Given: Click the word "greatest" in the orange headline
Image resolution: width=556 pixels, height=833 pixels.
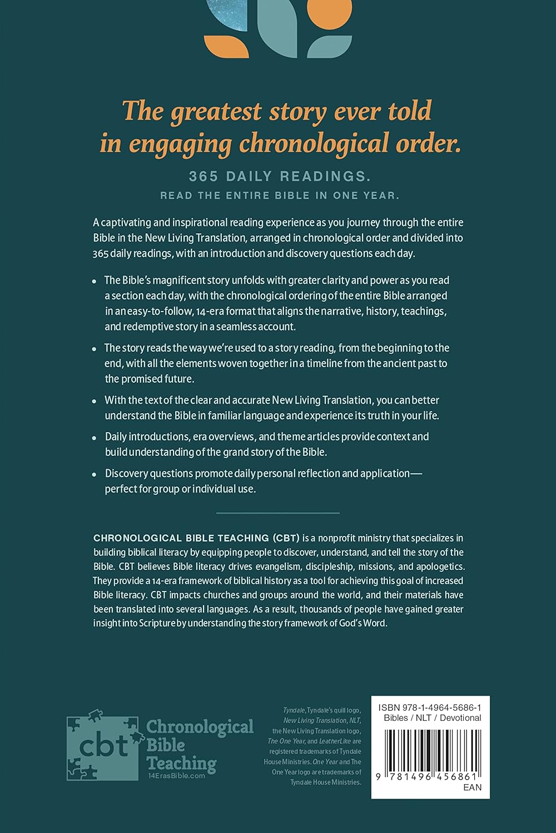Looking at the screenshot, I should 216,112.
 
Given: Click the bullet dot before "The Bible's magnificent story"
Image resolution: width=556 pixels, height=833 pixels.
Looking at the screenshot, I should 95,282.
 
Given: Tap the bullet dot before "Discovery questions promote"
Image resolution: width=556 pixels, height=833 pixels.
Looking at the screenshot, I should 95,474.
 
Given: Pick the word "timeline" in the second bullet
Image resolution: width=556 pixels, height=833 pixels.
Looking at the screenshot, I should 322,363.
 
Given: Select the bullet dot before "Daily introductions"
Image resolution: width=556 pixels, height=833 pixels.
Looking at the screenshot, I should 95,438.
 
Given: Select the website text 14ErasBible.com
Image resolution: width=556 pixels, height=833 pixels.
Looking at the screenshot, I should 176,776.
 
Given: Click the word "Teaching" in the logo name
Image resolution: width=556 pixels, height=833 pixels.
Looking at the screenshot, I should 181,762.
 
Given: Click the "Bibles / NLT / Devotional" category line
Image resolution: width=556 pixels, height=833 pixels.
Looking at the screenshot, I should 433,717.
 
